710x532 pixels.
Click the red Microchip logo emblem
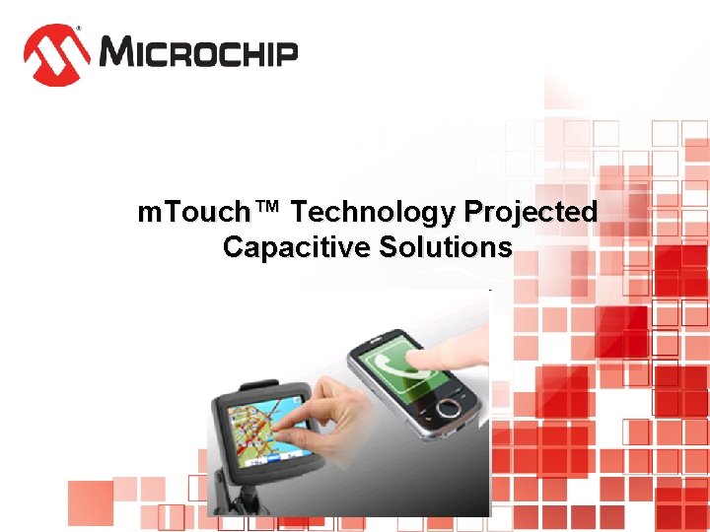tap(57, 54)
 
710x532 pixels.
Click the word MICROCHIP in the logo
tap(198, 51)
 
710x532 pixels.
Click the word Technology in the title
tap(375, 212)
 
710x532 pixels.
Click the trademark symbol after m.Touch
tap(267, 209)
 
